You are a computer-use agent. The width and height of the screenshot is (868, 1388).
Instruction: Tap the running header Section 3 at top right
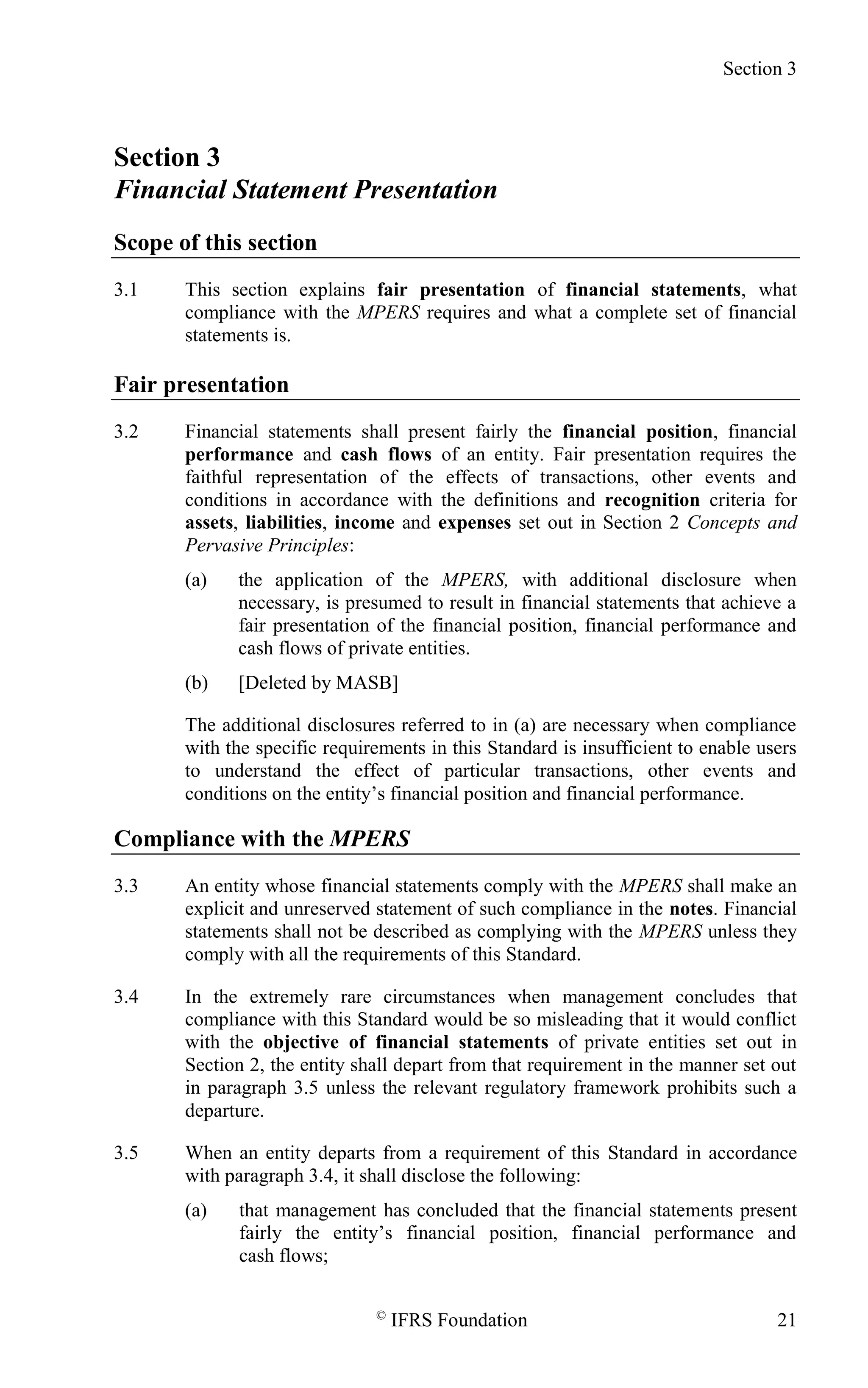[759, 69]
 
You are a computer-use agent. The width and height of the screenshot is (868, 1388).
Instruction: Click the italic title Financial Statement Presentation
[306, 190]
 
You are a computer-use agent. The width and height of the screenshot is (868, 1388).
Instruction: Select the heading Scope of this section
[215, 242]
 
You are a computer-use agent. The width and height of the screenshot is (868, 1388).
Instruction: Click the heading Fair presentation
[201, 384]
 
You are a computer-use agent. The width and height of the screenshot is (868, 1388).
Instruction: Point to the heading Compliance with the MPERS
[262, 839]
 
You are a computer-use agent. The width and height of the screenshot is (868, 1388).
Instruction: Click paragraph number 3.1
[126, 290]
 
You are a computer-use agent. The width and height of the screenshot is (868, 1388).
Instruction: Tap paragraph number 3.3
[126, 886]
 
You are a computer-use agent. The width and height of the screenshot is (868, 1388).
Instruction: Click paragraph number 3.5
[126, 1153]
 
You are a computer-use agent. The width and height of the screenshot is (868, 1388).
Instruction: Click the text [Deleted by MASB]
[318, 683]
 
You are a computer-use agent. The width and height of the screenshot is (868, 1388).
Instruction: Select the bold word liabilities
[283, 523]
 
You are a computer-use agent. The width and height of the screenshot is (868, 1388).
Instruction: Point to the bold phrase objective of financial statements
[405, 1042]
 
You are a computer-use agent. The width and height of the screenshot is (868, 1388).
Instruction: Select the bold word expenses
[474, 523]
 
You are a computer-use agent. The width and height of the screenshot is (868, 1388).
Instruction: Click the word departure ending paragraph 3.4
[224, 1111]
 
